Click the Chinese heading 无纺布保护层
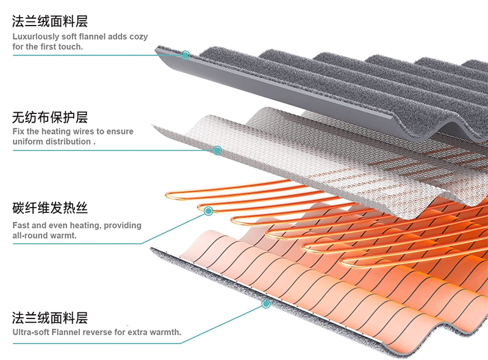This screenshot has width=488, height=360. point(50,117)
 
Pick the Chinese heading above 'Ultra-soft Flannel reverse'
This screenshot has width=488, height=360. point(50,318)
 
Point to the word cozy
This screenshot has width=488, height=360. point(137,37)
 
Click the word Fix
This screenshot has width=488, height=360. point(19,131)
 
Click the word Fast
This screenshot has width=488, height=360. point(21,225)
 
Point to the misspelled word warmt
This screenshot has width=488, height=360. point(65,235)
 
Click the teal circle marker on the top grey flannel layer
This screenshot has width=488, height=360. point(185,55)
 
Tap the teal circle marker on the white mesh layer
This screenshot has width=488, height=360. point(217,150)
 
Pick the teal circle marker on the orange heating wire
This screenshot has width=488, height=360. point(209,211)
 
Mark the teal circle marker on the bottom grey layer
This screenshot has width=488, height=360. point(266,303)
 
